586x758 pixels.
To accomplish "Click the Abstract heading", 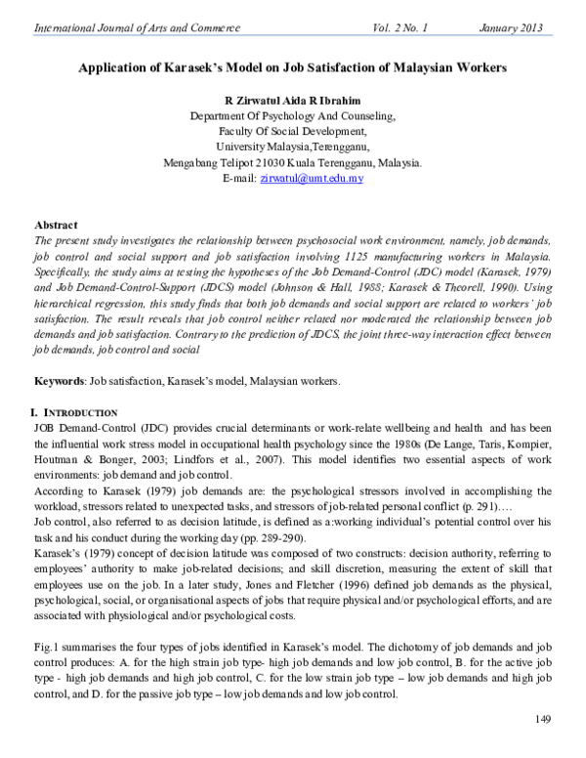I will (x=56, y=225).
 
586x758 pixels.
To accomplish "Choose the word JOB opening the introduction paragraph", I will (x=45, y=400).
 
